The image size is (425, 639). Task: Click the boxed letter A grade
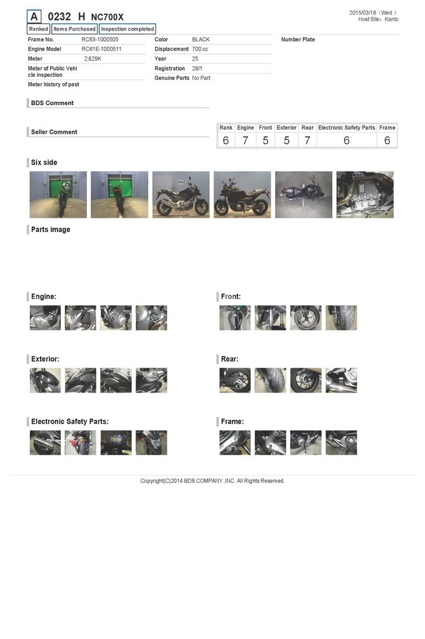(34, 17)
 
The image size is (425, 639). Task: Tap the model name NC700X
(107, 17)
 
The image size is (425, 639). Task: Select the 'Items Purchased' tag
(74, 29)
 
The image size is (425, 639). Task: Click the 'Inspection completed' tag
(127, 29)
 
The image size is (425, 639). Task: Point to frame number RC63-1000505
(100, 39)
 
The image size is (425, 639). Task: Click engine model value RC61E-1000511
(101, 49)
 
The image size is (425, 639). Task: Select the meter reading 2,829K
(92, 59)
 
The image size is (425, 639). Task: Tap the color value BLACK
(201, 39)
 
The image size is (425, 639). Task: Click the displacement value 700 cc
(200, 49)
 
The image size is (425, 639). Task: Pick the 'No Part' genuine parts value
(201, 78)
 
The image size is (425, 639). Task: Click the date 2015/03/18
(362, 12)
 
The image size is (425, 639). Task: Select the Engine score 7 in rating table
(246, 140)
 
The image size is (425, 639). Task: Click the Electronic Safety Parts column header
(347, 127)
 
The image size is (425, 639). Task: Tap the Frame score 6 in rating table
(387, 140)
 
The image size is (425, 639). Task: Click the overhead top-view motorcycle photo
(304, 195)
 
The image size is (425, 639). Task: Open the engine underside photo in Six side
(365, 195)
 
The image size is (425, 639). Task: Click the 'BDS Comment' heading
(52, 103)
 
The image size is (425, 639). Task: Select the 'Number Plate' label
(298, 39)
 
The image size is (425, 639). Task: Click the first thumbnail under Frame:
(235, 442)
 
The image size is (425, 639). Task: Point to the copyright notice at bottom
(212, 481)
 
